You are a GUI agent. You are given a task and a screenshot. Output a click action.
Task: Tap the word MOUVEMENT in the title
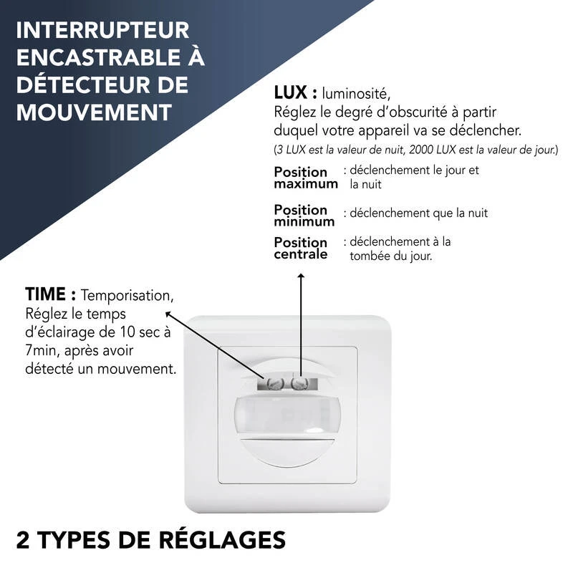[94, 112]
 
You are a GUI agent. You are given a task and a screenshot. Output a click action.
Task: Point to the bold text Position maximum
[305, 178]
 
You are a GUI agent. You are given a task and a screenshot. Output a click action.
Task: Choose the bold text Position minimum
[304, 216]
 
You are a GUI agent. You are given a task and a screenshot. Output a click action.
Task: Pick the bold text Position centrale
[301, 249]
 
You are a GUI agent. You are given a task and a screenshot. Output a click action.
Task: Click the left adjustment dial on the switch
[273, 384]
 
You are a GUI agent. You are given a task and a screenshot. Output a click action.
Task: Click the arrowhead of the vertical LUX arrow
[301, 276]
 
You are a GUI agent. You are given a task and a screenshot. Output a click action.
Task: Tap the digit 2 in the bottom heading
[23, 539]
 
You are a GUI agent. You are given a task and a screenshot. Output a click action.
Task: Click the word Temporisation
[127, 295]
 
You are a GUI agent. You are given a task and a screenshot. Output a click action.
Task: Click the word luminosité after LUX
[357, 94]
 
